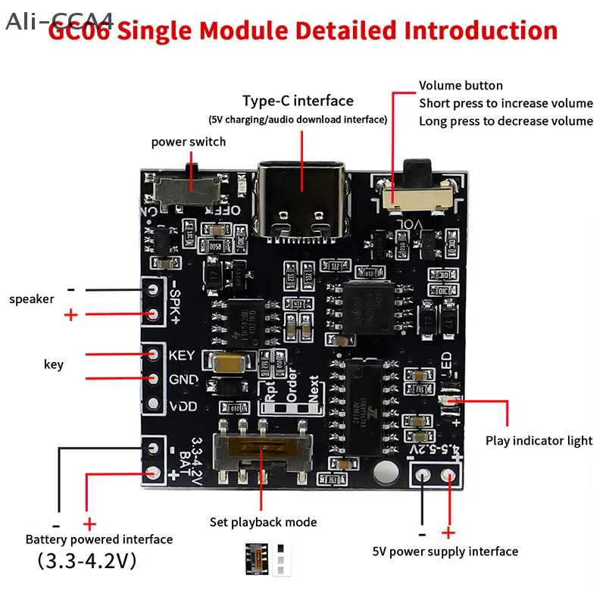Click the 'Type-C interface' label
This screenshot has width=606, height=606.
click(298, 101)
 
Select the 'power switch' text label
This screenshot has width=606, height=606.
click(189, 142)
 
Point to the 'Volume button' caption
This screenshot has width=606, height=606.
click(461, 86)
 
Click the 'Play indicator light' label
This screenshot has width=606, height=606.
click(539, 441)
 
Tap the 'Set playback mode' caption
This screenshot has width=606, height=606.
click(263, 522)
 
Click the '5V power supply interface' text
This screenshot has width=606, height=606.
click(445, 551)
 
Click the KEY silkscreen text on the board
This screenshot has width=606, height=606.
click(182, 355)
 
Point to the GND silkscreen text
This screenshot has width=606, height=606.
click(183, 380)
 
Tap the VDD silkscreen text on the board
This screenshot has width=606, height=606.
click(183, 405)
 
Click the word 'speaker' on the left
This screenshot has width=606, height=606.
click(32, 299)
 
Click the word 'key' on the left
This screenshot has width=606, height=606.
click(54, 364)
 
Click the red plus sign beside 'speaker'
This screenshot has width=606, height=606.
click(71, 314)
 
